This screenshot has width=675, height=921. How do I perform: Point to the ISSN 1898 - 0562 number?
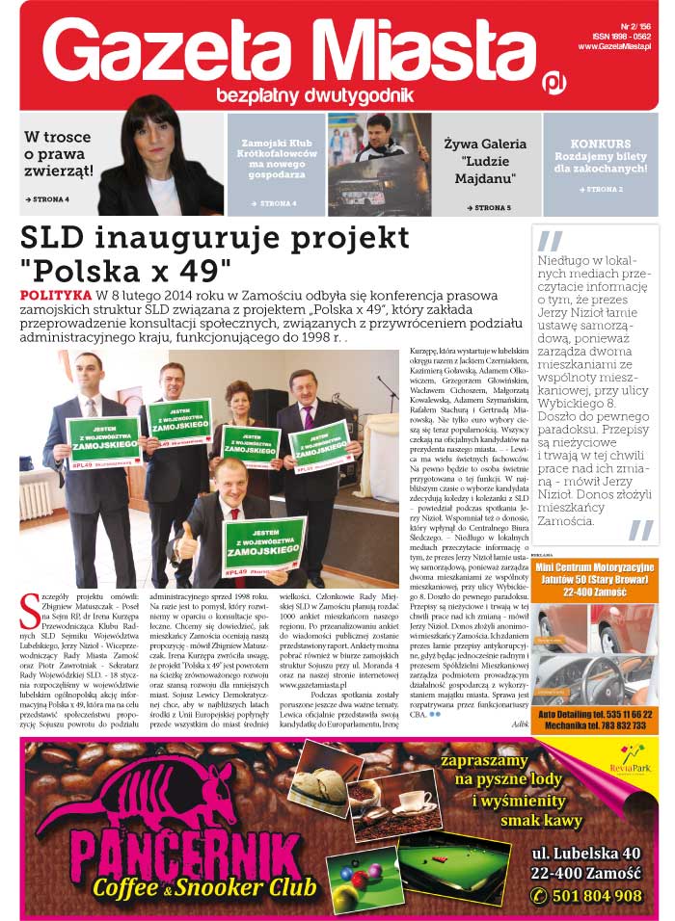[x=622, y=35]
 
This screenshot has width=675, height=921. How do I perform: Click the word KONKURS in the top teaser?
[x=600, y=144]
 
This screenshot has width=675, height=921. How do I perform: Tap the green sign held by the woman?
[x=251, y=445]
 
